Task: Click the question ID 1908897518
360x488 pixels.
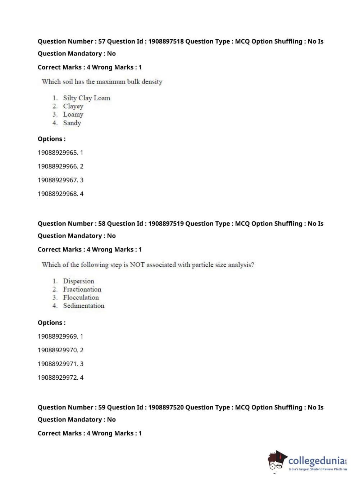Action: click(x=166, y=41)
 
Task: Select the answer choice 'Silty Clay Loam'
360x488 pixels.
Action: click(x=87, y=98)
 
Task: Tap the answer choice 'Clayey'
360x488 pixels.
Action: click(x=73, y=106)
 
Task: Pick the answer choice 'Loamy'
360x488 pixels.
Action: click(x=73, y=114)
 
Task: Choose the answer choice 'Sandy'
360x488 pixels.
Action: click(x=72, y=123)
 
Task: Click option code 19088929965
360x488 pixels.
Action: click(x=58, y=153)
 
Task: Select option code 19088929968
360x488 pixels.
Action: click(x=58, y=194)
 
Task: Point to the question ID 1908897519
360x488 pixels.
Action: click(x=166, y=223)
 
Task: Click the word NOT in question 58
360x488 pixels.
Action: click(x=137, y=265)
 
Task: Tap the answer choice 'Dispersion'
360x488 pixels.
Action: click(x=78, y=281)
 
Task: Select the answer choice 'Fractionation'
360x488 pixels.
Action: click(x=82, y=289)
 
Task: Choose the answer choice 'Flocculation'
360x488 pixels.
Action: click(x=81, y=298)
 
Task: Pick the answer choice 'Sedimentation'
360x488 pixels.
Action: click(x=83, y=306)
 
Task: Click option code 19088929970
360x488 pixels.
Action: click(x=58, y=350)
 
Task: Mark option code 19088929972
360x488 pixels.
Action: click(x=58, y=378)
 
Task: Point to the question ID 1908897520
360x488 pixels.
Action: click(x=166, y=407)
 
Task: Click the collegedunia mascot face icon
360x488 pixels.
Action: click(x=277, y=460)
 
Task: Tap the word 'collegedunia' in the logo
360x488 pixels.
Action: click(x=316, y=461)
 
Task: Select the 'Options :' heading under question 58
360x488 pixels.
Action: click(x=51, y=323)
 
